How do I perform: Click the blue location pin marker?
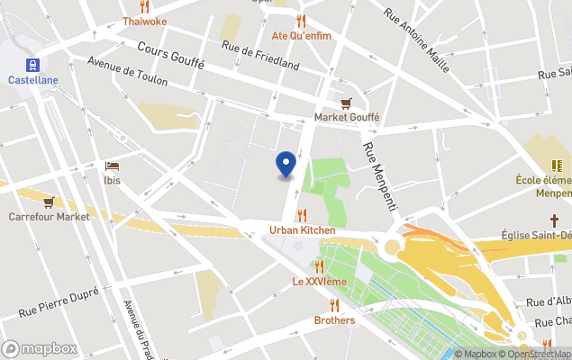(x=286, y=164)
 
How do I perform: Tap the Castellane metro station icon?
(x=33, y=65)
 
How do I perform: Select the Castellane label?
(x=33, y=80)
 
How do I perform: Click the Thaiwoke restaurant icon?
(x=144, y=6)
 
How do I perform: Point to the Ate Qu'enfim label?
(x=302, y=36)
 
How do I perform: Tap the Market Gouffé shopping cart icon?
(x=346, y=103)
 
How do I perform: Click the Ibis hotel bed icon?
(x=112, y=166)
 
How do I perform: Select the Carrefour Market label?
(x=50, y=217)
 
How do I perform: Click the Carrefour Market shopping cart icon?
(x=49, y=202)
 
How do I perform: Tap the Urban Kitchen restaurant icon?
(x=302, y=215)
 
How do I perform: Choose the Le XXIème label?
(x=319, y=282)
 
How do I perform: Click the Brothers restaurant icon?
(x=334, y=305)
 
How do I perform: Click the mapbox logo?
(x=40, y=348)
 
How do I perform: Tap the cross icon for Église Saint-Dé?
(x=555, y=220)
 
